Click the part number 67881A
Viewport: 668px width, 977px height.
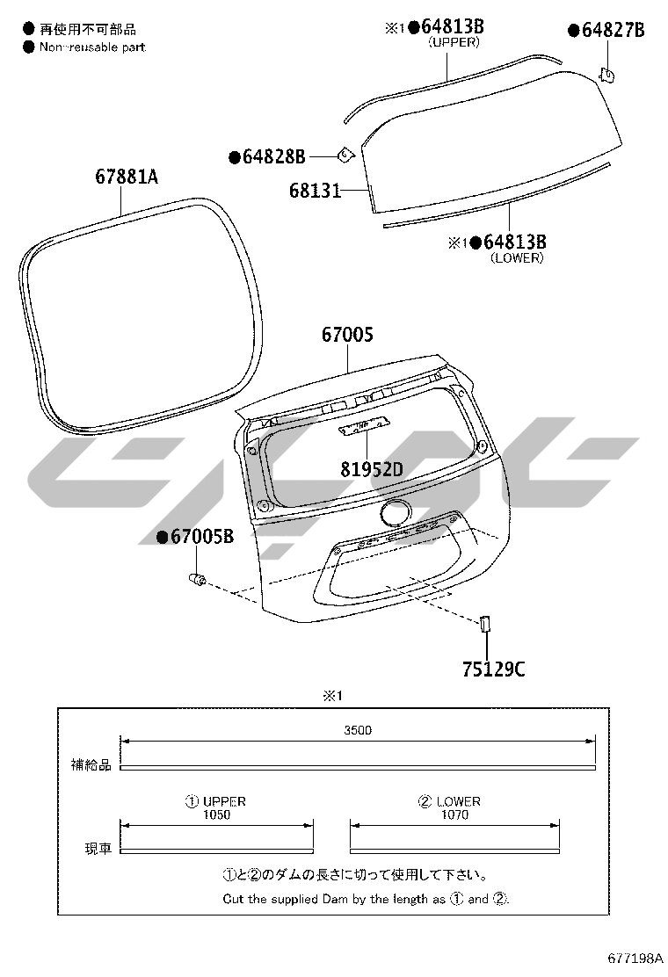(127, 177)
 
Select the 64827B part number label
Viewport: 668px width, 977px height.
(614, 30)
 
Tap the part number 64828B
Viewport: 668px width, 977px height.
(273, 156)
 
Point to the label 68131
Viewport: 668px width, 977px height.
(316, 190)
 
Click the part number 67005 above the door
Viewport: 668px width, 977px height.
(348, 335)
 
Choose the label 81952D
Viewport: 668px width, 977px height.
(372, 469)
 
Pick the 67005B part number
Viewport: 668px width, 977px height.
(202, 536)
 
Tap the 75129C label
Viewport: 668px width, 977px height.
(493, 669)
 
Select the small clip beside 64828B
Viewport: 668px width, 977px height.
(345, 156)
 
